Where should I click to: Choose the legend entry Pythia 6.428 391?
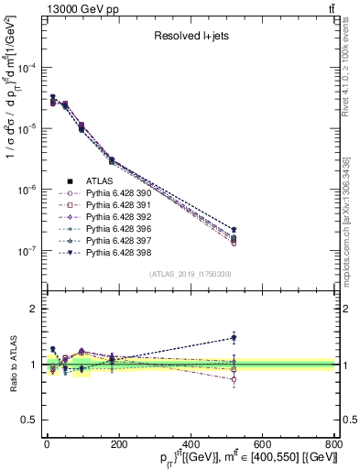coord(101,207)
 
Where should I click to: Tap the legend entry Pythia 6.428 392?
coord(101,221)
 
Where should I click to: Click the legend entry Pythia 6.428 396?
coord(101,234)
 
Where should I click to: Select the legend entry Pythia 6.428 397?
coord(101,247)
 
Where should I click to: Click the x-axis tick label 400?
coord(190,444)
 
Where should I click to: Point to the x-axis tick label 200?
coord(118,444)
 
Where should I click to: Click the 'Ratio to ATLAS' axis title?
coord(11,365)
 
